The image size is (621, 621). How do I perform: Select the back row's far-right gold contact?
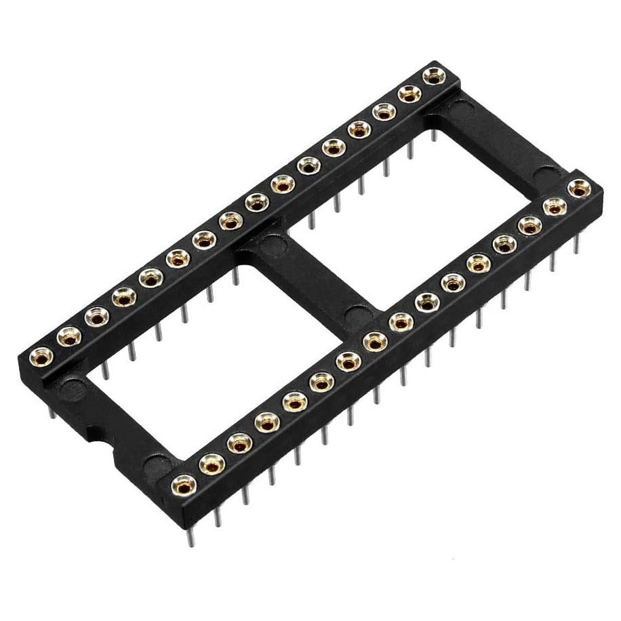pyautogui.click(x=432, y=76)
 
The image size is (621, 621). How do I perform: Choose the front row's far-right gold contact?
pyautogui.click(x=578, y=188)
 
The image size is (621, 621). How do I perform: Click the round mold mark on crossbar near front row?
pyautogui.click(x=353, y=315)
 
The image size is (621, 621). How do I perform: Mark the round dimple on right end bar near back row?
pyautogui.click(x=461, y=107)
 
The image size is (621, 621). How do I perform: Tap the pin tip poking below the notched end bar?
pyautogui.click(x=52, y=409)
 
